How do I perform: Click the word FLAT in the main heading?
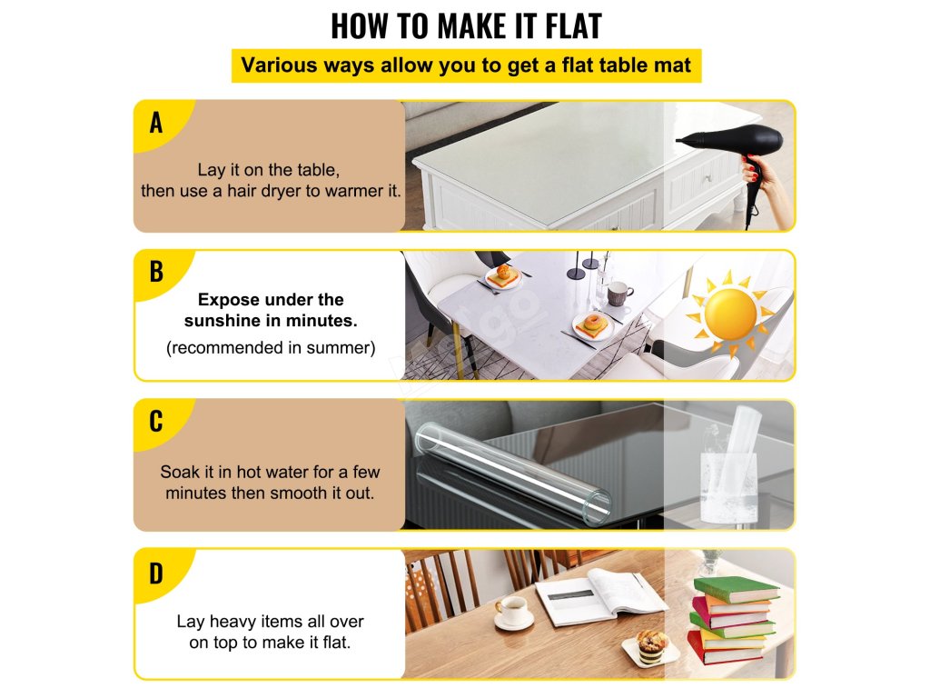(573, 26)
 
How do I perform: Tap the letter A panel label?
(156, 123)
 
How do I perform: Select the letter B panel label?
(156, 272)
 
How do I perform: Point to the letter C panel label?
(156, 422)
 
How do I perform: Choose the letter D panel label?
(156, 573)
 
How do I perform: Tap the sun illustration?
(730, 313)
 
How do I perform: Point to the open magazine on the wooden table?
(600, 596)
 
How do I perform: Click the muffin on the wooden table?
(652, 646)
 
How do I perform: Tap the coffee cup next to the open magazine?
(513, 612)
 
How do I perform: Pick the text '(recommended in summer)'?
(271, 347)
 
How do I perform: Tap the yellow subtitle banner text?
(466, 65)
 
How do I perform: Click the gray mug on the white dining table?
(619, 294)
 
